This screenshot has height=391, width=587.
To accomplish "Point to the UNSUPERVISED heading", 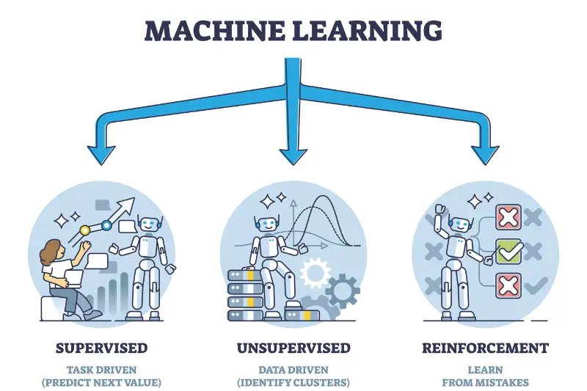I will tap(293, 348).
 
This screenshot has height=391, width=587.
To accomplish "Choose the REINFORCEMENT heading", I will tap(486, 348).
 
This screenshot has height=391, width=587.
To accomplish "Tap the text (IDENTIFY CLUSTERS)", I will tap(293, 382).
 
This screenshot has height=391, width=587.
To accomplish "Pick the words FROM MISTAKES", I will tap(486, 382).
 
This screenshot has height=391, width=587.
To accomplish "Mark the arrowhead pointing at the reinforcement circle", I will tap(485, 152).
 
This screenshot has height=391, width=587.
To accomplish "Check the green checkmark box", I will tap(508, 252).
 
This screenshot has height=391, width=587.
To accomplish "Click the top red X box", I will tap(508, 217).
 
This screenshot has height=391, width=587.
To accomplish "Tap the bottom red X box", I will tap(508, 285).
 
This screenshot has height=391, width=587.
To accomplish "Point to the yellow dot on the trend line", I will tap(84, 230).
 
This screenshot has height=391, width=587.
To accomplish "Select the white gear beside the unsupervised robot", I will tap(316, 274).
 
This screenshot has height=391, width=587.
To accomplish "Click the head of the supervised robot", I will tap(149, 225).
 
